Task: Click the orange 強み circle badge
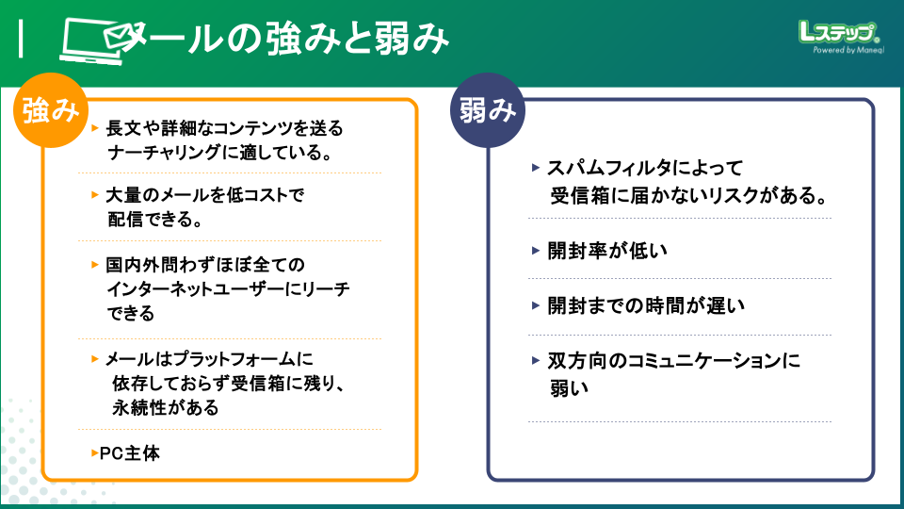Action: [50, 111]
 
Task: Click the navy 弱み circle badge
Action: [488, 111]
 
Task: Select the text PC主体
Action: [130, 453]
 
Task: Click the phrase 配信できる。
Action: [156, 220]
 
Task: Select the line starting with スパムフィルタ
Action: [645, 170]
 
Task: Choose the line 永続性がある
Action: [165, 407]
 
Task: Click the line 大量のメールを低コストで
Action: [207, 195]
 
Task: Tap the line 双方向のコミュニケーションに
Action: [673, 361]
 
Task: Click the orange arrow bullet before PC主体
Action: [94, 453]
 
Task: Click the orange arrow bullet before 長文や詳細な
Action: [95, 126]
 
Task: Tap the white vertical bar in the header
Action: [22, 39]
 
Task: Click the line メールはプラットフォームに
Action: [208, 359]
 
